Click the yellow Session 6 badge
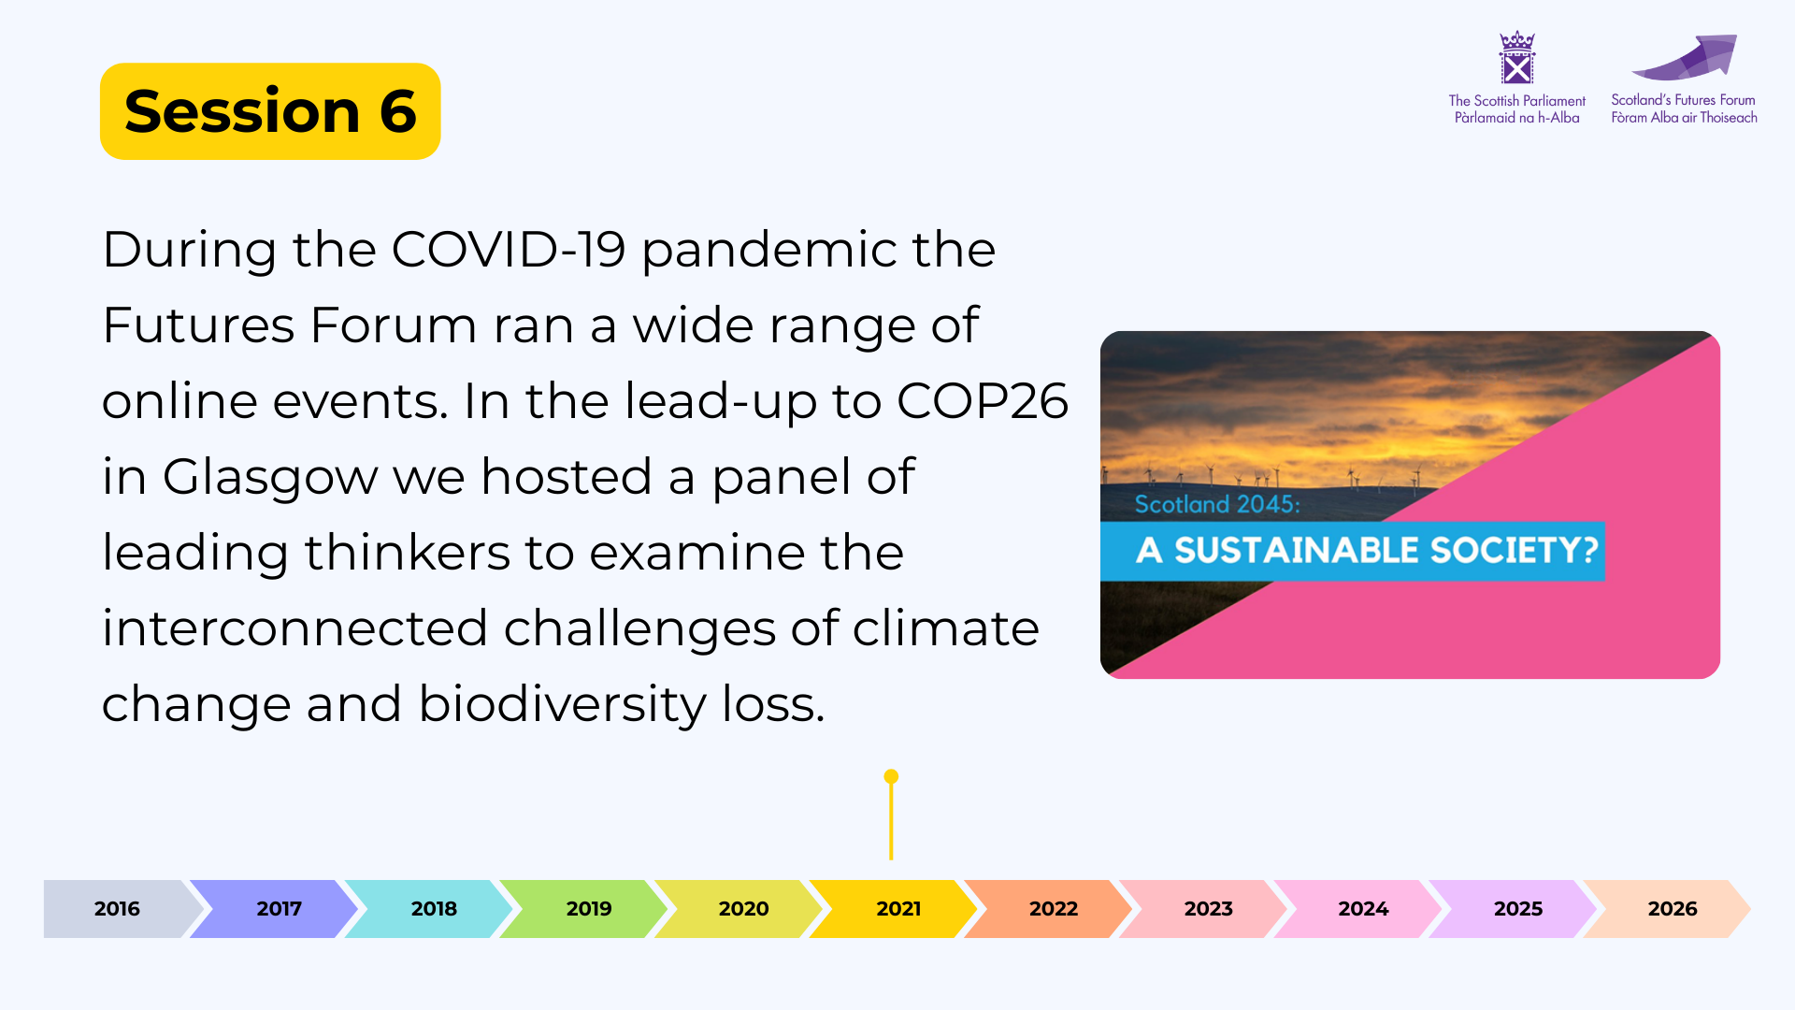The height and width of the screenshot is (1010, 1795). [270, 111]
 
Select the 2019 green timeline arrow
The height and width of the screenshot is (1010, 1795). [583, 908]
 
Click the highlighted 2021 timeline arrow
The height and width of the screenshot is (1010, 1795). [893, 908]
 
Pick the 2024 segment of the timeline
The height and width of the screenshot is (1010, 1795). [1357, 908]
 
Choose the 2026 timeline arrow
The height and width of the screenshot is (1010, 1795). [1667, 908]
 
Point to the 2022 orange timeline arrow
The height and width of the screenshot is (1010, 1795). [1048, 908]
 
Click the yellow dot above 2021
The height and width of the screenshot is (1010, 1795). [891, 776]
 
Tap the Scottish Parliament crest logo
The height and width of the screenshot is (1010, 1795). [1516, 58]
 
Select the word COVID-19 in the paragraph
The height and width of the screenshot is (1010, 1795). [508, 250]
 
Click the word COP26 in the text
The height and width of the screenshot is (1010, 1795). [982, 401]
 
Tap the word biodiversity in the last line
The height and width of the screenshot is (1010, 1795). [562, 705]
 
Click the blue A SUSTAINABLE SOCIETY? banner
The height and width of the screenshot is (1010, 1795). [1353, 551]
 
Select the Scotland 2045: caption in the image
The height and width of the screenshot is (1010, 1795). [1217, 504]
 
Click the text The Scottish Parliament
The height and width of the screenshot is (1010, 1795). [1516, 101]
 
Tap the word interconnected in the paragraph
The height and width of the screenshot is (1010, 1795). [295, 628]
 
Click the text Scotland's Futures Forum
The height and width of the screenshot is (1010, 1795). [1683, 100]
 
